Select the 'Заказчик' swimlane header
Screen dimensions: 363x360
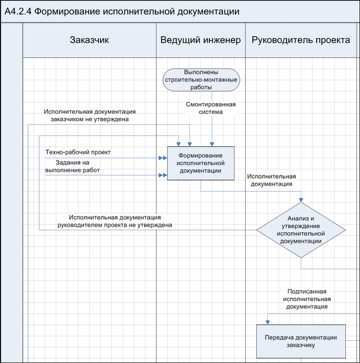click(x=90, y=40)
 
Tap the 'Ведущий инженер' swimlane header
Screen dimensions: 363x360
click(x=201, y=40)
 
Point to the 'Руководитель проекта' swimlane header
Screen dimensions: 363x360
click(x=301, y=40)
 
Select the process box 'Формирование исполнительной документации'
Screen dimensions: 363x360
click(x=201, y=162)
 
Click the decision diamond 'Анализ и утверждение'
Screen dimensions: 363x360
click(x=300, y=230)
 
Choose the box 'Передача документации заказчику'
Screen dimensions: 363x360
click(x=300, y=341)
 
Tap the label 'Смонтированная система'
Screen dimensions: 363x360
click(x=203, y=108)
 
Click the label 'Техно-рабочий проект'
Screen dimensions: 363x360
click(x=78, y=152)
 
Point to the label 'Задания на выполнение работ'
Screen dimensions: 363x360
click(x=72, y=166)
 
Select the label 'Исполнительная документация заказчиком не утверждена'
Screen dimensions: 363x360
click(x=89, y=115)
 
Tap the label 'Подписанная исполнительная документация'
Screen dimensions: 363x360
click(x=307, y=298)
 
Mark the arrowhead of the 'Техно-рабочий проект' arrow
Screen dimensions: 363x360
click(x=164, y=158)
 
